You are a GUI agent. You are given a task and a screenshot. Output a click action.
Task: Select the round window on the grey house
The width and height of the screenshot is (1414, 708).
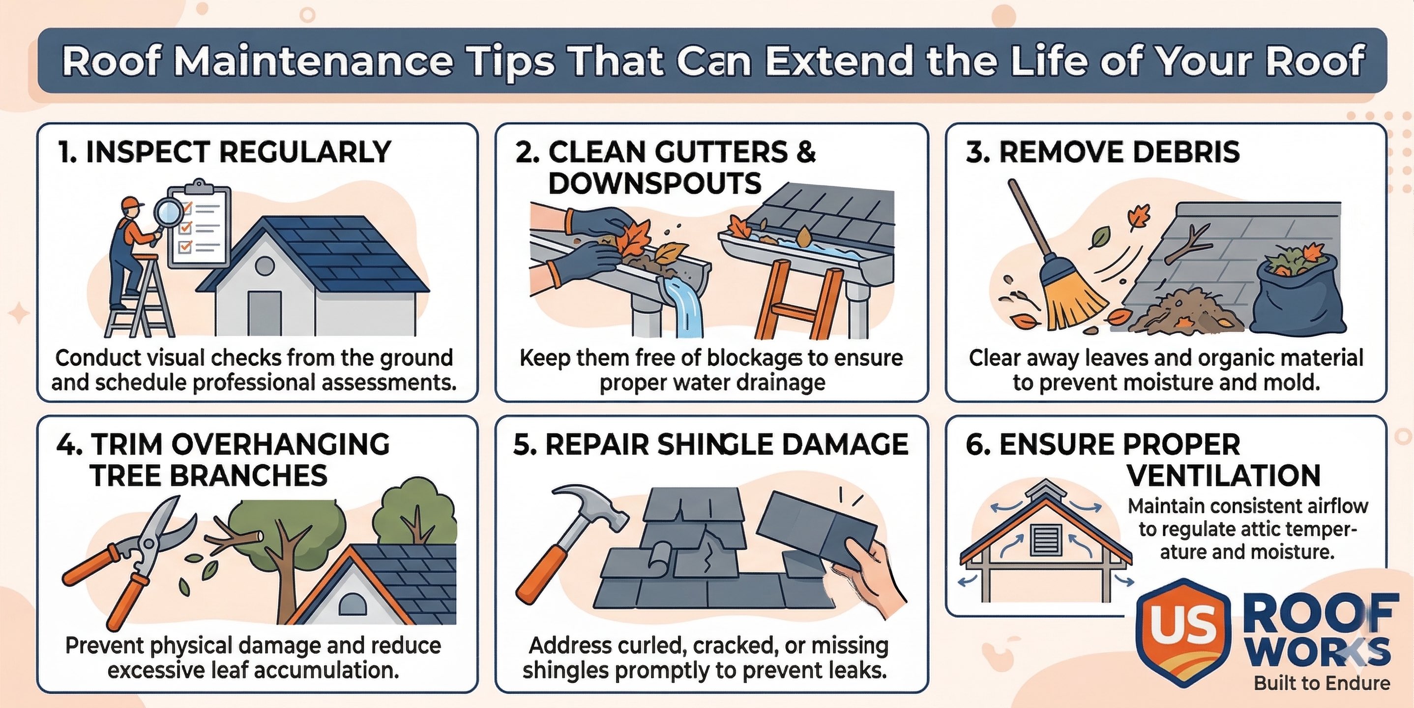click(265, 266)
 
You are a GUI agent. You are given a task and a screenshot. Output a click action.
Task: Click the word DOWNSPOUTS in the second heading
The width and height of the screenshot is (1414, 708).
click(654, 183)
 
